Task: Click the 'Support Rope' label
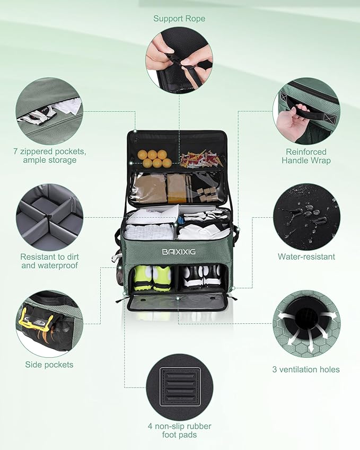(179, 19)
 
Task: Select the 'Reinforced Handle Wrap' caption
(306, 156)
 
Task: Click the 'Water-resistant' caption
(306, 257)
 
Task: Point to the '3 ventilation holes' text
(306, 369)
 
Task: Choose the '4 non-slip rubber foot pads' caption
(179, 430)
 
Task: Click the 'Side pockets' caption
(49, 364)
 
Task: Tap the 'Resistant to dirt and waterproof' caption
(49, 261)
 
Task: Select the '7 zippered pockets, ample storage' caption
(49, 155)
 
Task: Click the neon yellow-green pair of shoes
(153, 277)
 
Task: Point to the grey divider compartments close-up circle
(49, 217)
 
